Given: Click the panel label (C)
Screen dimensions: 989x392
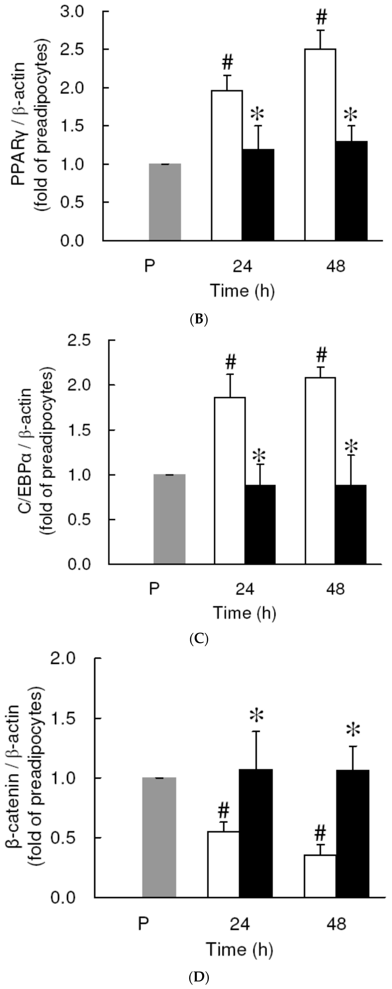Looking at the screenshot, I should point(199,639).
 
